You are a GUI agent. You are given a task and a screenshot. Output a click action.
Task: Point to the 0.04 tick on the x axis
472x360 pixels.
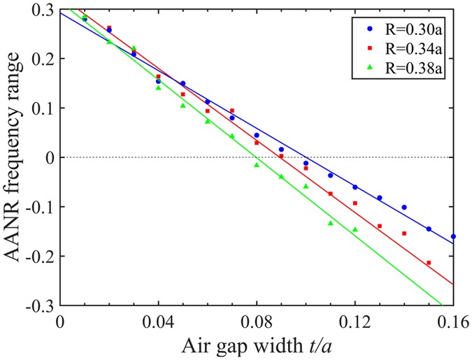(158, 323)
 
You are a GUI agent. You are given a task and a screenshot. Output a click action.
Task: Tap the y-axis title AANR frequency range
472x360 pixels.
(15, 157)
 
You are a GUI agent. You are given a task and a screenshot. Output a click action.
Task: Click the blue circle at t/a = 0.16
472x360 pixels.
(453, 236)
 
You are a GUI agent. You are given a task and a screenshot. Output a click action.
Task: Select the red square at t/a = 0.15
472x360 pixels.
(429, 263)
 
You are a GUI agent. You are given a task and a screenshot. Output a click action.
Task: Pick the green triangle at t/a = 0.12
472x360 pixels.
(355, 229)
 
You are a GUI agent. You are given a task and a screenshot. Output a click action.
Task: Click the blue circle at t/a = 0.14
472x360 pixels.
(404, 207)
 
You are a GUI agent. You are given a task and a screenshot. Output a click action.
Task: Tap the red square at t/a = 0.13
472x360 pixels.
(380, 226)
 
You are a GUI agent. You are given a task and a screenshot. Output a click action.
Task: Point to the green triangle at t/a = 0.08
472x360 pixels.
(257, 165)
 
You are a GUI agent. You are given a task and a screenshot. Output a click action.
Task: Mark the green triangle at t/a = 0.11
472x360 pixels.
(331, 223)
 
